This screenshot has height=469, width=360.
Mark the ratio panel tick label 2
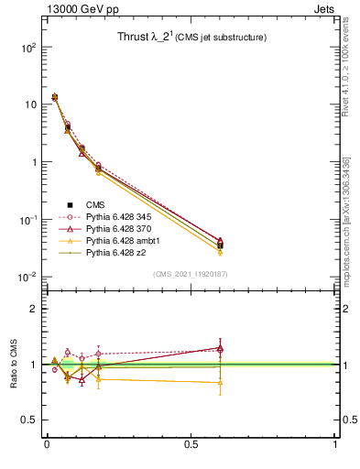click(33, 309)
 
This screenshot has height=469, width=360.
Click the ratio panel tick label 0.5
click(29, 420)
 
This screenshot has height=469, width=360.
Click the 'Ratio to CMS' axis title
click(14, 365)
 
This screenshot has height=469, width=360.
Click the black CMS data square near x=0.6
click(220, 245)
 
